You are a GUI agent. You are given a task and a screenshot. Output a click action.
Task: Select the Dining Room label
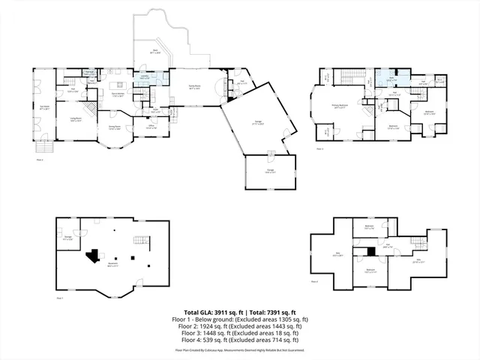click(x=114, y=127)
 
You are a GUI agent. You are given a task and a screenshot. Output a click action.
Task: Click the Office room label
click(x=151, y=127)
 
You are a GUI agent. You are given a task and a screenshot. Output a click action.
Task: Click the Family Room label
click(x=193, y=88)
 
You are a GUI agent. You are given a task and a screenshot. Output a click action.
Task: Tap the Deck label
click(x=154, y=52)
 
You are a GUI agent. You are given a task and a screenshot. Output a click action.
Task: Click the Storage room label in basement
click(x=67, y=238)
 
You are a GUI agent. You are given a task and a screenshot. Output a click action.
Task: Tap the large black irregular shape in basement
click(x=94, y=256)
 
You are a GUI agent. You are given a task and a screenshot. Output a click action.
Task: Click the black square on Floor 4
click(x=370, y=251)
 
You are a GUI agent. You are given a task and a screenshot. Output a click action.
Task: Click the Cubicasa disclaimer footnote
click(x=240, y=349)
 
